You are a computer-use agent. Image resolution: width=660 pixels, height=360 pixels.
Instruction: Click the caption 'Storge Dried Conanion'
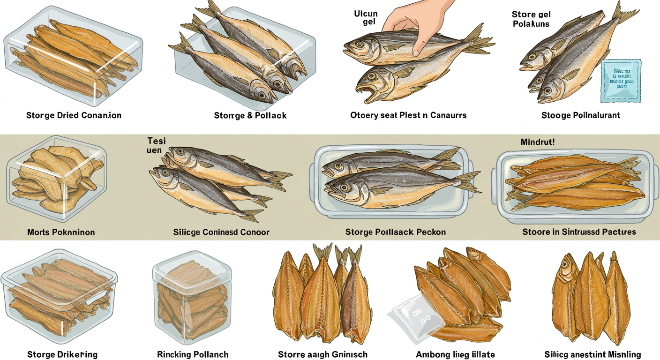(x=74, y=115)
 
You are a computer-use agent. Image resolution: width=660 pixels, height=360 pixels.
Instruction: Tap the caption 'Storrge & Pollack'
(x=250, y=115)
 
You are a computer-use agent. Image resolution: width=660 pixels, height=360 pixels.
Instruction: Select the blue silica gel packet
(x=620, y=80)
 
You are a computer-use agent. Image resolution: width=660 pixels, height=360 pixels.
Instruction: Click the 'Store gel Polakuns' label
(x=531, y=19)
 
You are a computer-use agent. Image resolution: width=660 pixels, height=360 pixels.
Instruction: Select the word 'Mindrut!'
(x=537, y=141)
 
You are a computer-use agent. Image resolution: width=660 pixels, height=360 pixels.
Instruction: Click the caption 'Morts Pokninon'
(x=61, y=232)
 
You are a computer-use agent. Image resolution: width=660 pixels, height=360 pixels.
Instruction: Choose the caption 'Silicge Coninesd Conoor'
(x=221, y=232)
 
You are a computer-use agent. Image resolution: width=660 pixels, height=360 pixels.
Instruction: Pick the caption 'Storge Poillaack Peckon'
(x=396, y=232)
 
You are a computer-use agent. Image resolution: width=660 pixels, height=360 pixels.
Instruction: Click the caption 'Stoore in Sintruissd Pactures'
(x=579, y=232)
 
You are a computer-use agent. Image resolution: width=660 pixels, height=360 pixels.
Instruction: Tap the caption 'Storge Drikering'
(x=62, y=354)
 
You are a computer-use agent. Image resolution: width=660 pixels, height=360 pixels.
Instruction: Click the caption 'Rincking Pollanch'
(x=193, y=354)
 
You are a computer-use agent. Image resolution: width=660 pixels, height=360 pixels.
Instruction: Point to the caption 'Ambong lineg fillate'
(x=455, y=354)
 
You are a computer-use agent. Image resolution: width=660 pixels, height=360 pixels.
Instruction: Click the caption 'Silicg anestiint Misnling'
(x=592, y=354)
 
